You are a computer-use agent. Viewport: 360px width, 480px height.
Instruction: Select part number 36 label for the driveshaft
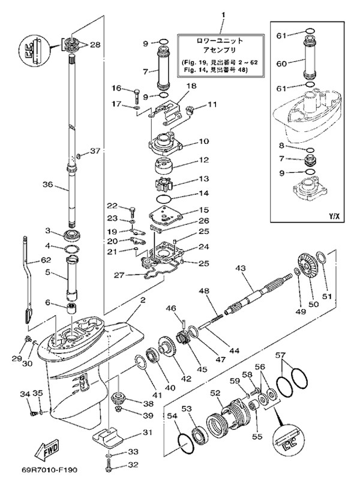point(48,185)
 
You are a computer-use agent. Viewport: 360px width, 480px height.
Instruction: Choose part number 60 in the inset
point(280,62)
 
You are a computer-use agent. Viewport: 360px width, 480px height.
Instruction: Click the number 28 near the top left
point(95,44)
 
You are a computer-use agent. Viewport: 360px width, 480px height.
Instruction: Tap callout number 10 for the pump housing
point(204,142)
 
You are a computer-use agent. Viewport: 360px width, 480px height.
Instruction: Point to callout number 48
point(204,290)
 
